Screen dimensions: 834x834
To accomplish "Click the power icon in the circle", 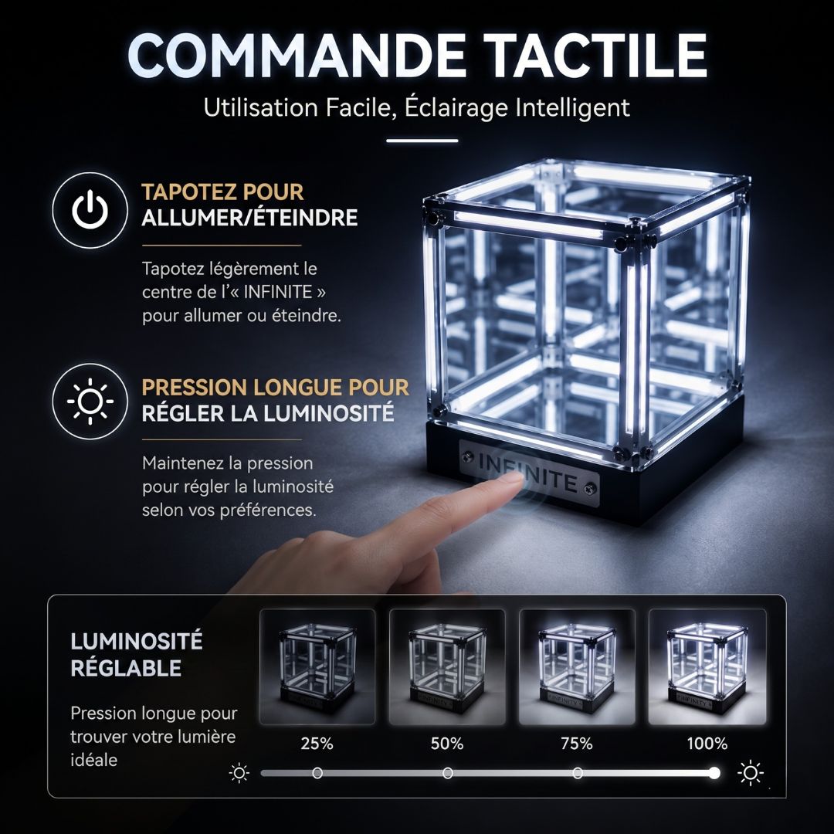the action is [90, 209].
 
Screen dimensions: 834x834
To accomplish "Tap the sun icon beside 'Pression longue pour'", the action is [90, 401].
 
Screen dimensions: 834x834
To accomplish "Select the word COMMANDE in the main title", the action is [297, 56].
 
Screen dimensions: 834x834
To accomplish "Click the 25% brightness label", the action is [317, 743].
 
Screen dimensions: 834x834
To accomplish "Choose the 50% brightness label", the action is [447, 743].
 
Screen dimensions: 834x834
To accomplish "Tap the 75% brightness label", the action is [577, 743].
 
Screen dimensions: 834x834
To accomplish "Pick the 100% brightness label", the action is [707, 743].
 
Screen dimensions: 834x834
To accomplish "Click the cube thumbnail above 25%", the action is [317, 667].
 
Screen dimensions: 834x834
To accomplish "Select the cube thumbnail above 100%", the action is [707, 667].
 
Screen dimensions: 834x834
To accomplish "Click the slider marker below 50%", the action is [448, 773].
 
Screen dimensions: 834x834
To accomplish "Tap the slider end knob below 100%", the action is [714, 773].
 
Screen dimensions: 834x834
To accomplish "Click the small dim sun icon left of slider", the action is [239, 773].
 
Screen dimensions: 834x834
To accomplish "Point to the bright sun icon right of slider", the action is [751, 773].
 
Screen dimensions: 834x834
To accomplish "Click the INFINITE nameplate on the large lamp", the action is [529, 473].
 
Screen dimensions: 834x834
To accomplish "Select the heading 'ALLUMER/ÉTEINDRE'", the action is [249, 218].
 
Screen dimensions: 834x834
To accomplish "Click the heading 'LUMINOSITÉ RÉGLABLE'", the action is [136, 654].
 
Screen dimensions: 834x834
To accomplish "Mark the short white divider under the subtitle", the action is [422, 141].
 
